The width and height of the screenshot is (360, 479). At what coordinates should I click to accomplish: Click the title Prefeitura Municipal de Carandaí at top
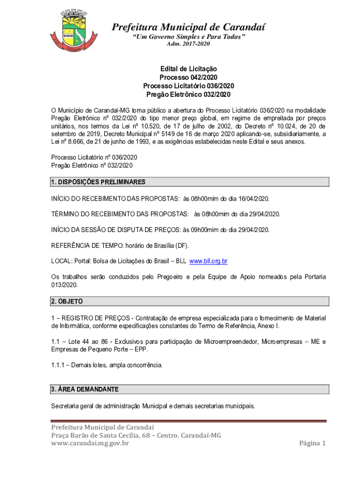coord(188,28)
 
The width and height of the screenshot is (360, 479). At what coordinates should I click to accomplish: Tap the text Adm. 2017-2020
coord(188,44)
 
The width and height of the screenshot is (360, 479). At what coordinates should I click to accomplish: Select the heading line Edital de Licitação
coord(188,69)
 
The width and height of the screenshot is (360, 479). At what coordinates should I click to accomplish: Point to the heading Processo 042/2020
coord(188,77)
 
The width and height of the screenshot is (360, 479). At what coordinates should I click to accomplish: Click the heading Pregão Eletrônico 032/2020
coord(188,94)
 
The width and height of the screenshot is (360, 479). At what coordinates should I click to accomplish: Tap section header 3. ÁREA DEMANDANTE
coord(85,389)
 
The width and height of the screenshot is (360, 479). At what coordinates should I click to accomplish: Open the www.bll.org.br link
coord(208,261)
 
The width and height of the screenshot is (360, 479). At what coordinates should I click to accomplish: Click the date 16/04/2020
coord(254,199)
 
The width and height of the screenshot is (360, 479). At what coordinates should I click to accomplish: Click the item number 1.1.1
coord(58,365)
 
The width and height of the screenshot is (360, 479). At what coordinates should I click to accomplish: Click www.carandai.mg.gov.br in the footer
coord(90,443)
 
